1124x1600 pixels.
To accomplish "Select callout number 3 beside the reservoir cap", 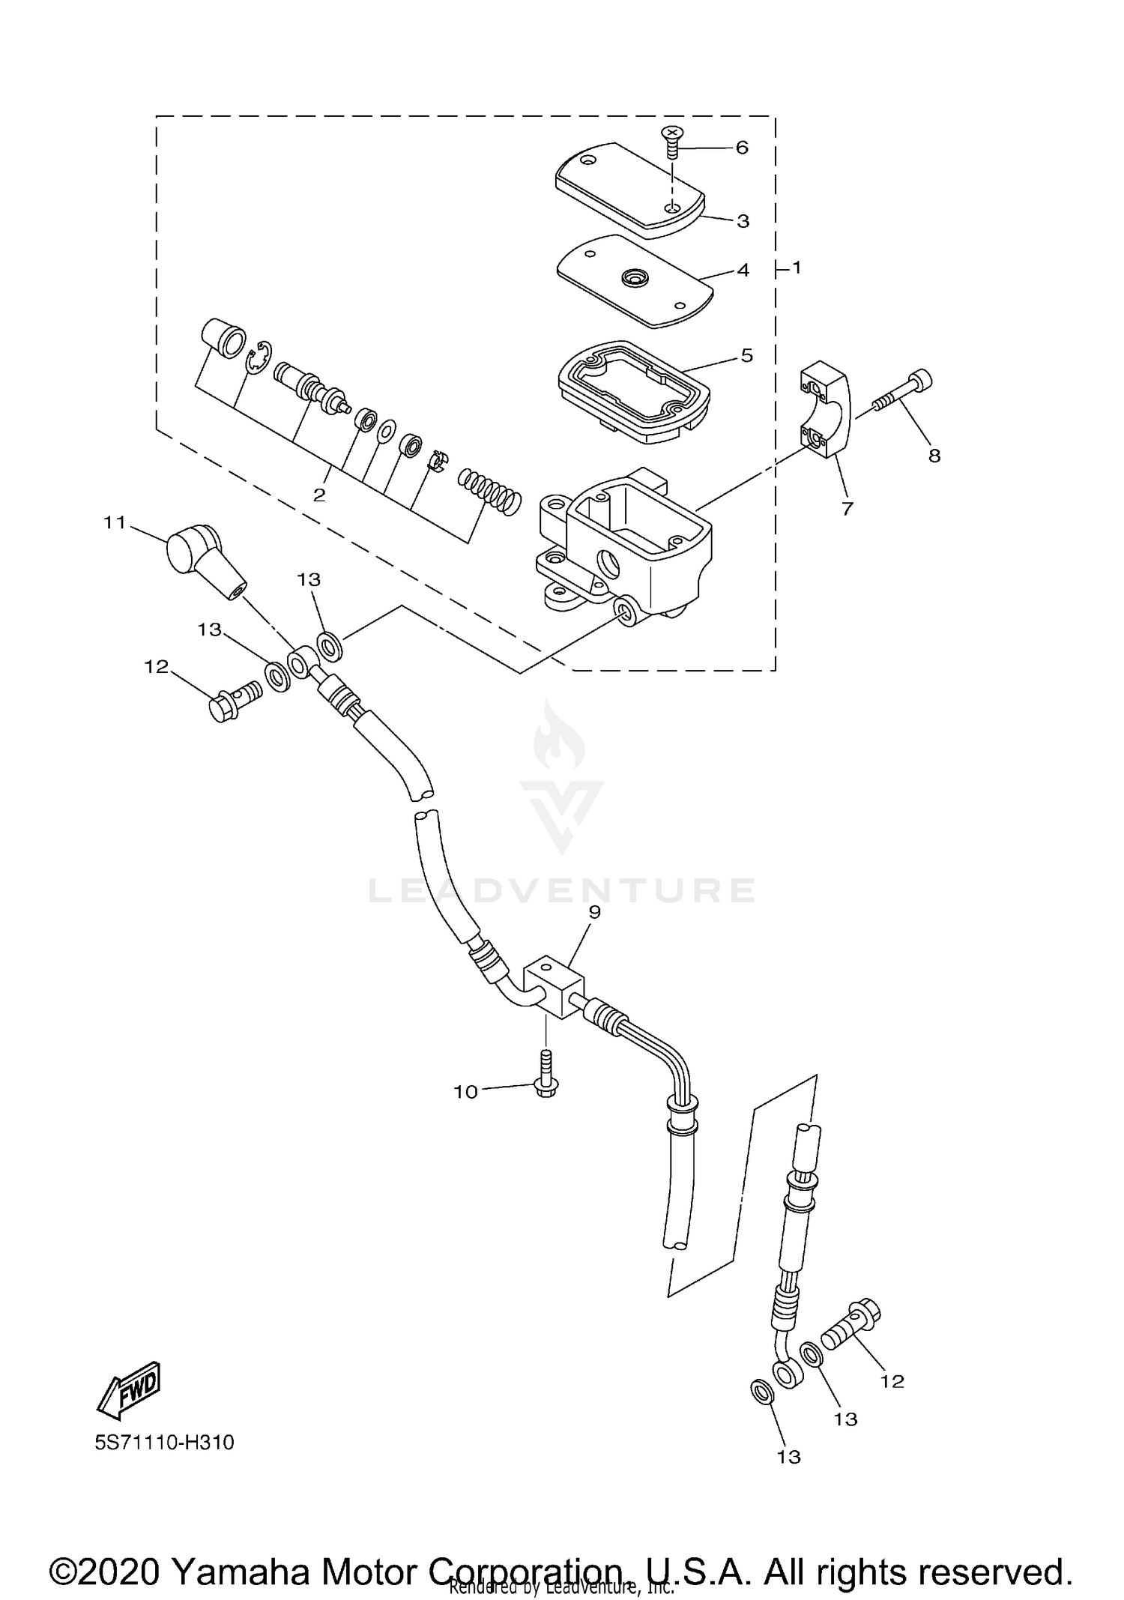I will coord(743,222).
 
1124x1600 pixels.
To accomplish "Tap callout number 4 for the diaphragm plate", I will coord(743,271).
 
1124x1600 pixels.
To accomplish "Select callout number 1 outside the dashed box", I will coord(796,268).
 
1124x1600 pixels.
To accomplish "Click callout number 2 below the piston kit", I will coord(319,495).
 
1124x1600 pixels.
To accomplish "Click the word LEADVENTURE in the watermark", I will coord(562,890).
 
